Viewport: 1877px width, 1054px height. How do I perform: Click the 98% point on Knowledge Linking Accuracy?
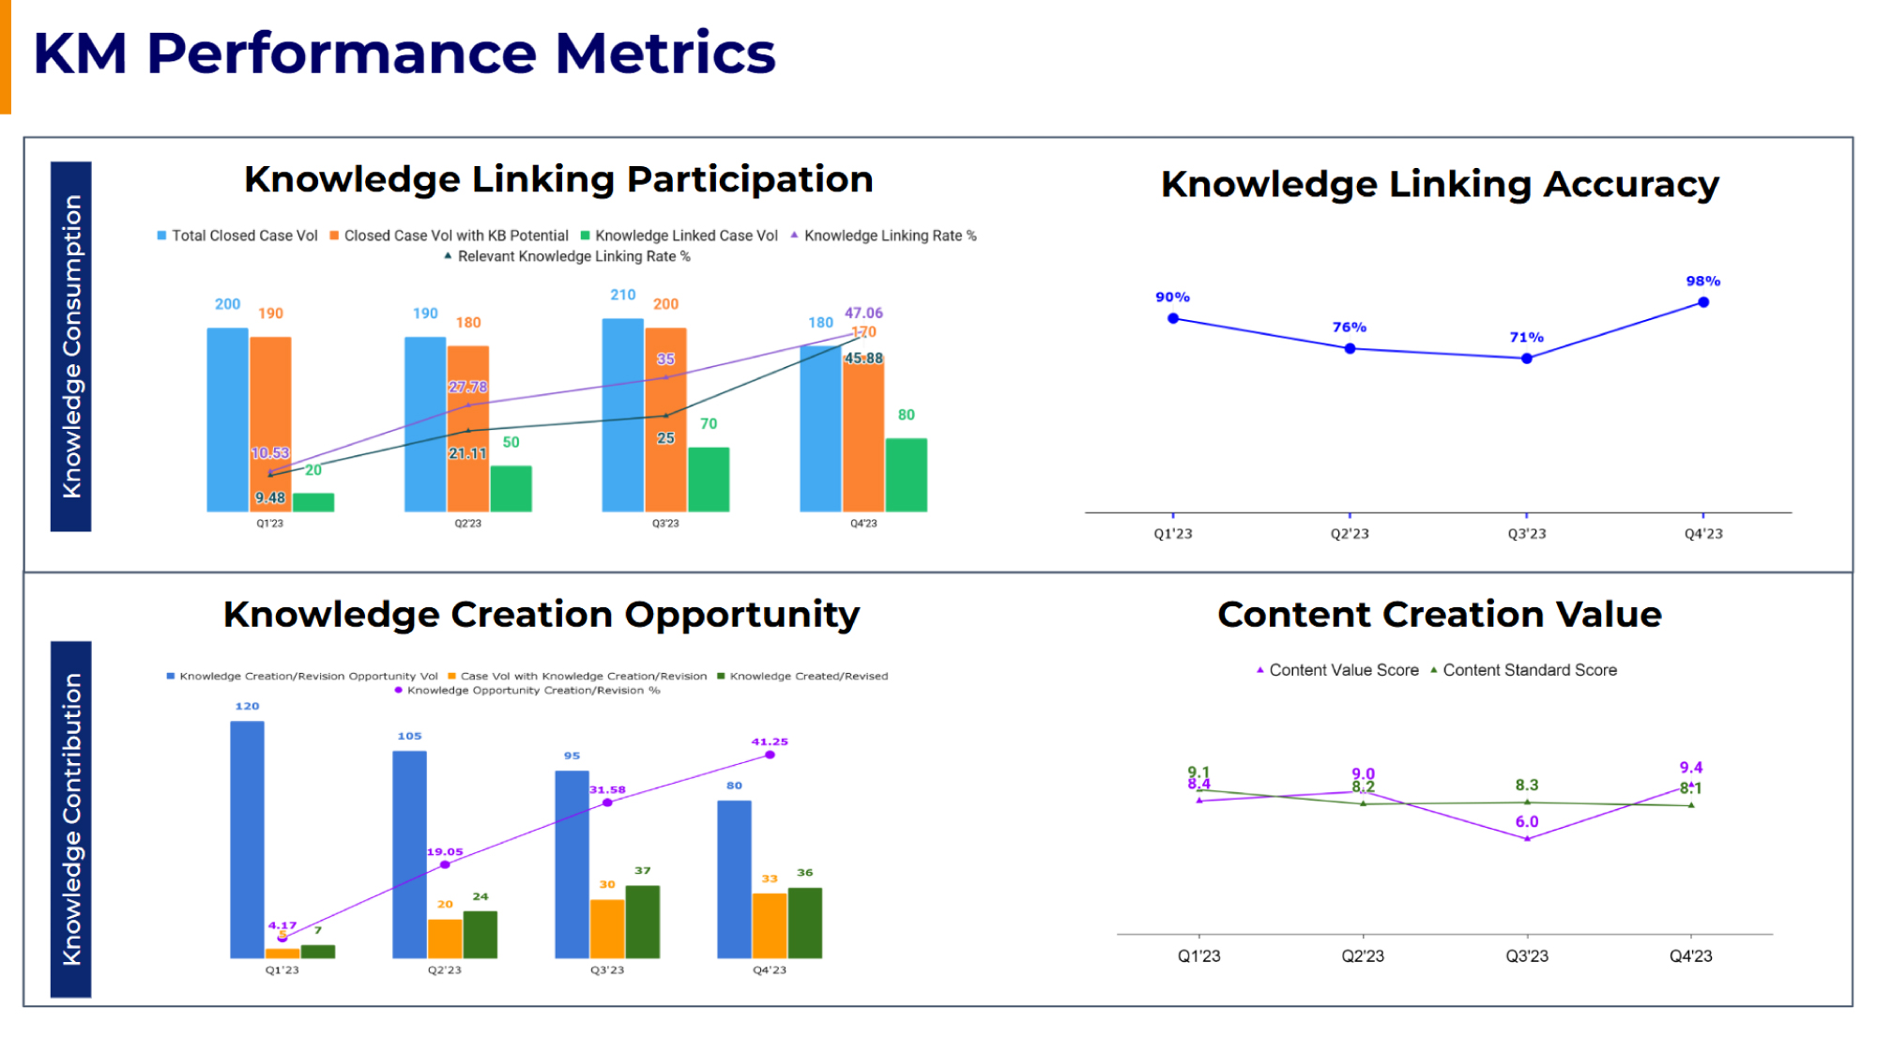[x=1702, y=302]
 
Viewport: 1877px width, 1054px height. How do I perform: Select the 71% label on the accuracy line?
[x=1526, y=337]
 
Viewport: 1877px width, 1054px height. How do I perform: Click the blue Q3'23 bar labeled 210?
[x=622, y=415]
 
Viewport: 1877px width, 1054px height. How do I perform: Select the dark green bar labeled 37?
[x=642, y=921]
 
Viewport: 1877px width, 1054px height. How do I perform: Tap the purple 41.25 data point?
[x=770, y=755]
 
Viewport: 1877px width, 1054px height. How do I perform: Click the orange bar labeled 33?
[x=770, y=924]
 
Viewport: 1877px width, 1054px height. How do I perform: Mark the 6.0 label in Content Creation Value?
[x=1527, y=821]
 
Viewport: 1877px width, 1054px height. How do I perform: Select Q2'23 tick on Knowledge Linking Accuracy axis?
[x=1350, y=533]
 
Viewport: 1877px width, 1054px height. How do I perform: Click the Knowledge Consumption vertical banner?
[x=71, y=346]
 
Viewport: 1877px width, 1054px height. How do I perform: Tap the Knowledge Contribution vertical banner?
[x=71, y=818]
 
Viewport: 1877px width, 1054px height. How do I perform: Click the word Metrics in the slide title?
[x=665, y=53]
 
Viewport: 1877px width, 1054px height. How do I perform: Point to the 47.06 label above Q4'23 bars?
[x=863, y=313]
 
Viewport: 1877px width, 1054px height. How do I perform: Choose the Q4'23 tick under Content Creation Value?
[x=1690, y=955]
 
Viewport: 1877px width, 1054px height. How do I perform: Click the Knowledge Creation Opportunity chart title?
[x=542, y=614]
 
